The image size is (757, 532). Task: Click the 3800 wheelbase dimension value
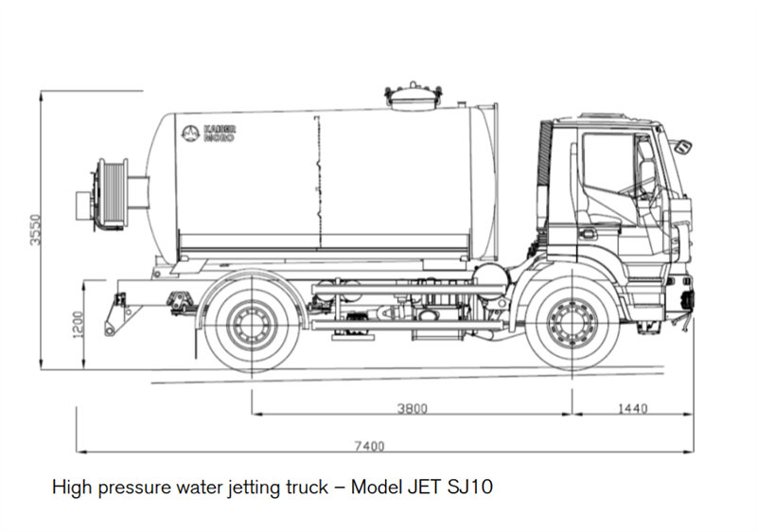412,409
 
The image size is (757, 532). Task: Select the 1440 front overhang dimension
632,409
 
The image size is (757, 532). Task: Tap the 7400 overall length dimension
371,446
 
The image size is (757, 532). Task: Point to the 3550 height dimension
35,228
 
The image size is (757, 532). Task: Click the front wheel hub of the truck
571,323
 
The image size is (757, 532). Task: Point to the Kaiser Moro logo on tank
209,133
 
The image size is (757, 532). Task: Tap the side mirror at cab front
680,147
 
